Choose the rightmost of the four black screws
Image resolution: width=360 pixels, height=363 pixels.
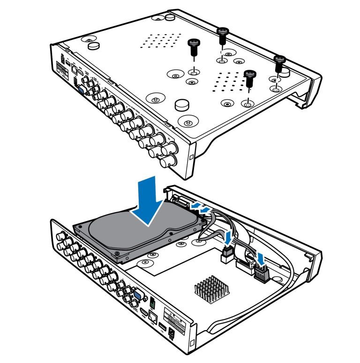click(280, 61)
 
